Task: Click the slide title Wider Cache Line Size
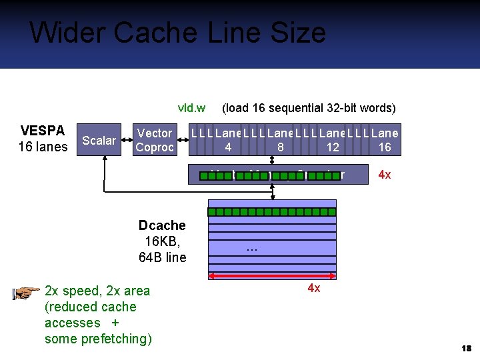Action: [177, 33]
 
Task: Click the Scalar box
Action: [99, 140]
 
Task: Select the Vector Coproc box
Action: [154, 140]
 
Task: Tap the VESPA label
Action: [43, 131]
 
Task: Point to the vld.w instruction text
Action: [191, 107]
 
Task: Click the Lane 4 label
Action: [229, 140]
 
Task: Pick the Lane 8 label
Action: [281, 140]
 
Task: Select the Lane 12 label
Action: [333, 140]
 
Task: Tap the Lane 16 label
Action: [385, 140]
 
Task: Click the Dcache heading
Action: [162, 225]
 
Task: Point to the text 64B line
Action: [162, 257]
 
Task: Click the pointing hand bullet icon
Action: [26, 292]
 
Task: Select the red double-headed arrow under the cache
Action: [273, 276]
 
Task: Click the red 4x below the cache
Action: [313, 289]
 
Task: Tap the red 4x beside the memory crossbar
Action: [385, 175]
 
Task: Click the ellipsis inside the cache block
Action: [251, 249]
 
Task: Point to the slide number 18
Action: [466, 349]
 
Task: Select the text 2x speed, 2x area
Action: [97, 291]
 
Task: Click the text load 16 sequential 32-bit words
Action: [309, 107]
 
